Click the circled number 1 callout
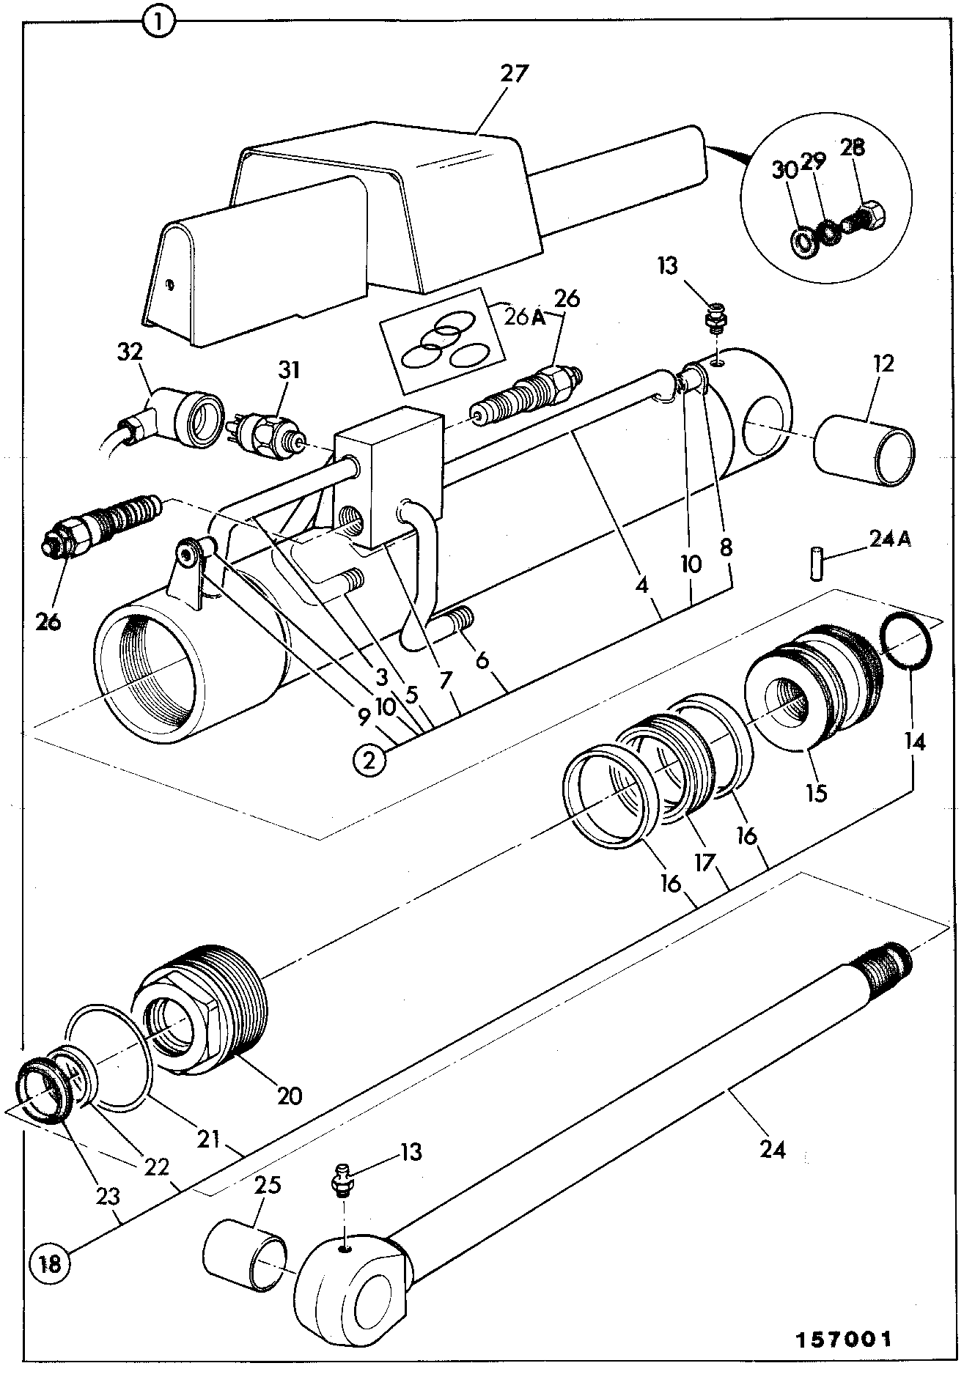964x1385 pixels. (159, 22)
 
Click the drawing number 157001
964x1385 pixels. (845, 1340)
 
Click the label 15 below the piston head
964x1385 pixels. (816, 792)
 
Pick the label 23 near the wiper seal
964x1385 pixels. (108, 1197)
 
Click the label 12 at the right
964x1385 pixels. (885, 364)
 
